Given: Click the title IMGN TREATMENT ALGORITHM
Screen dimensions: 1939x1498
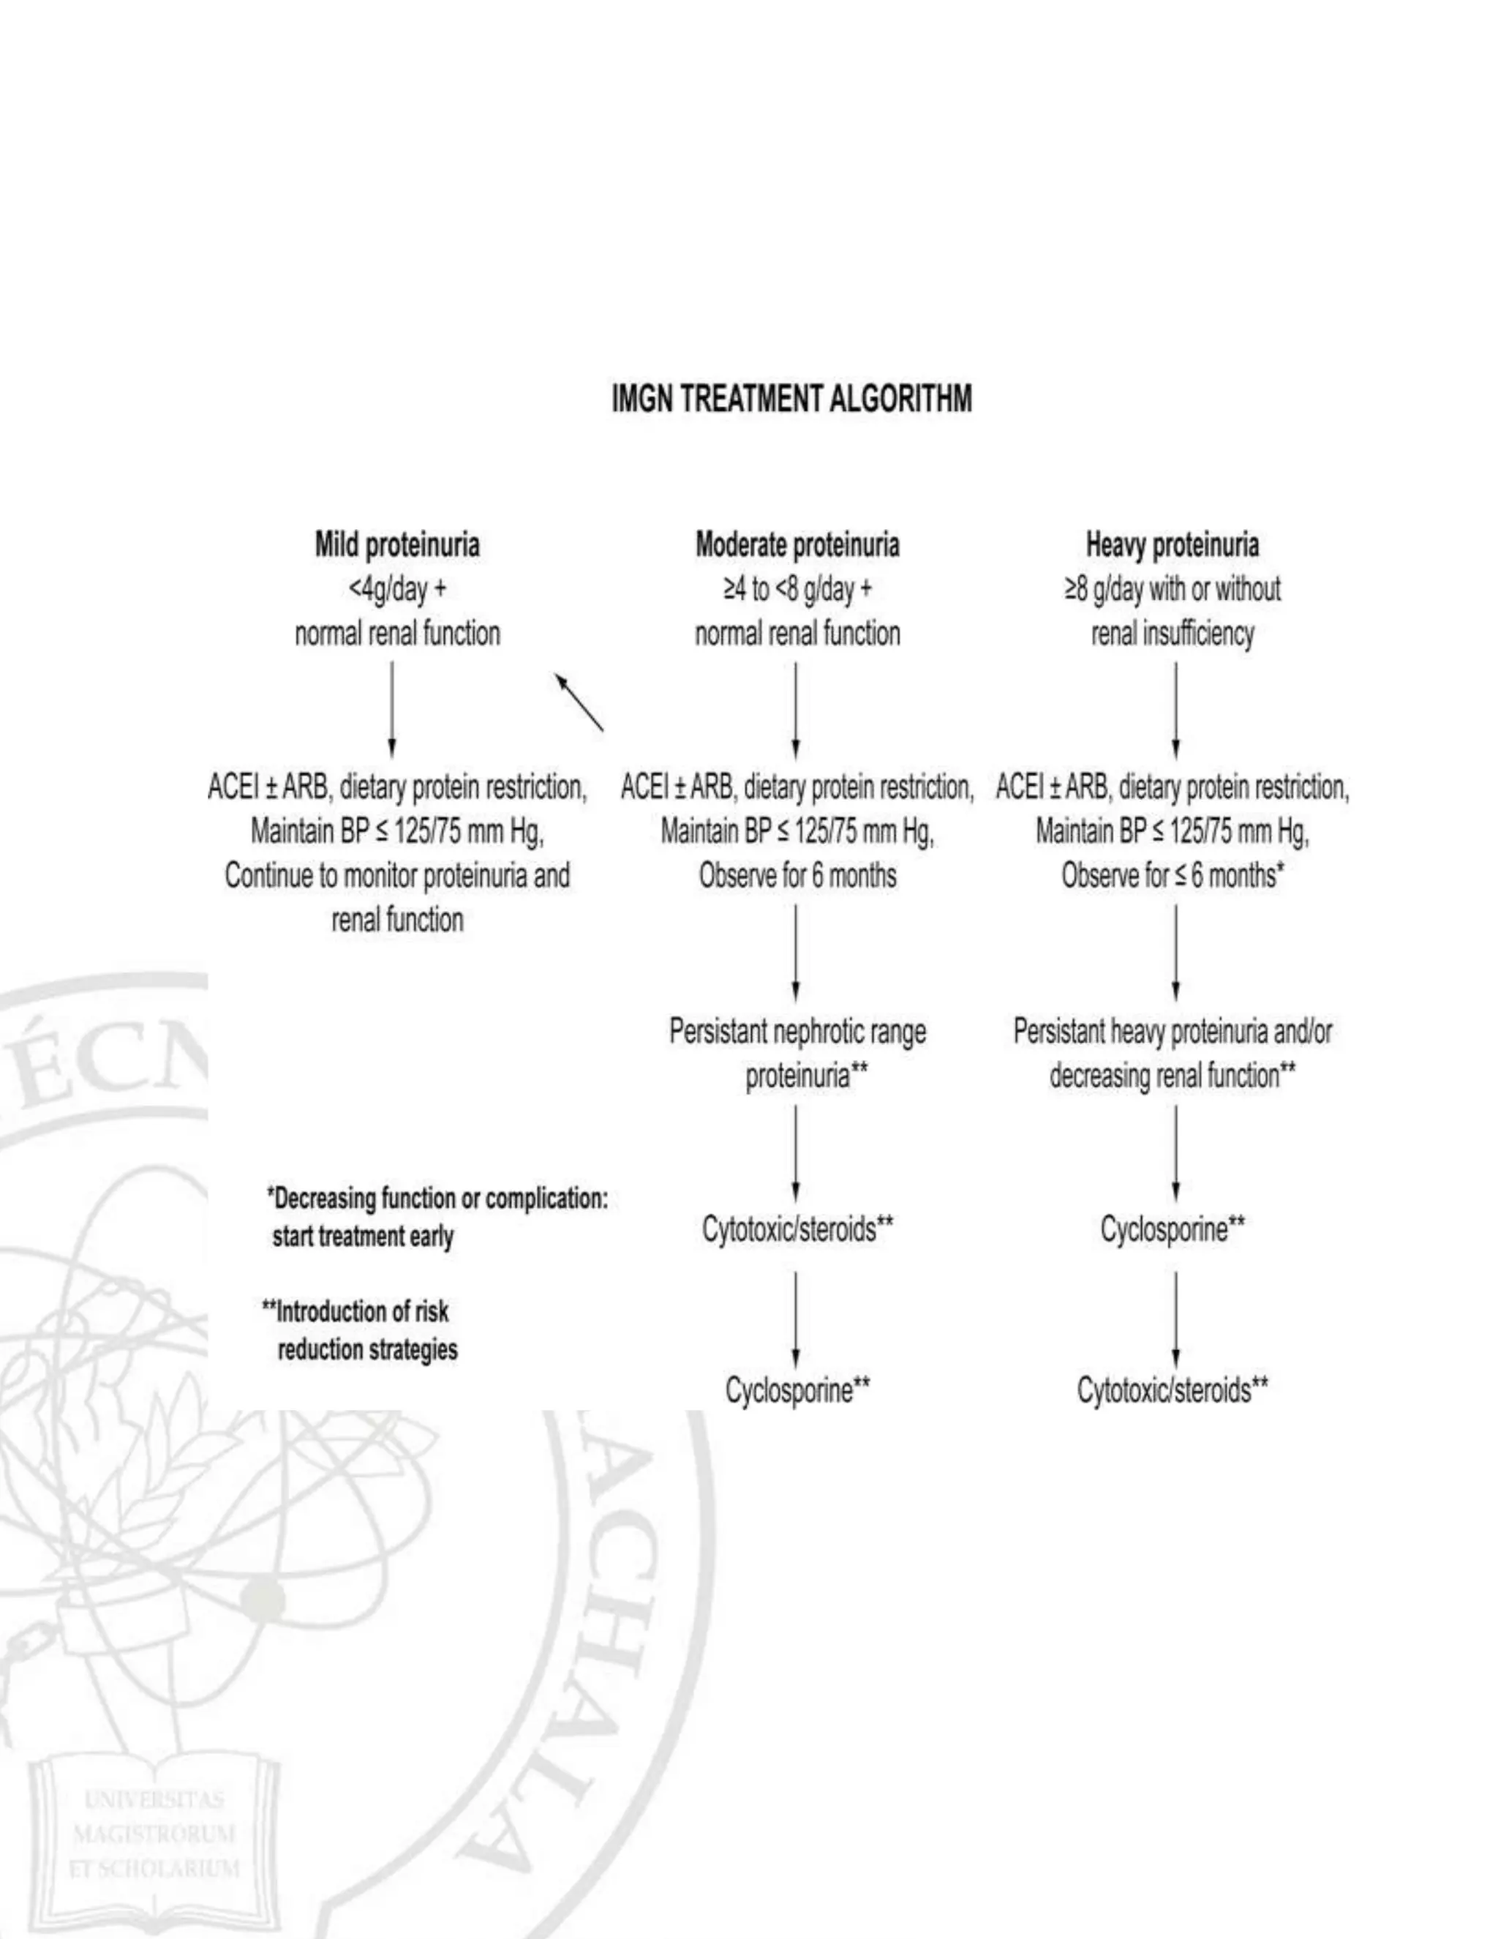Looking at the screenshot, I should click(x=791, y=400).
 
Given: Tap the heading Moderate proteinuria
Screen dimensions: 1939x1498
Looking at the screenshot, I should click(x=797, y=544).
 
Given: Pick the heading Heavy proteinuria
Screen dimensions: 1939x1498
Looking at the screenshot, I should click(x=1172, y=544).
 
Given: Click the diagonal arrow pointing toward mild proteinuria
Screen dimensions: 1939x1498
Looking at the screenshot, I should click(x=579, y=702).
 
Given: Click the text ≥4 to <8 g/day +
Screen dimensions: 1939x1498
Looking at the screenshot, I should click(x=797, y=588).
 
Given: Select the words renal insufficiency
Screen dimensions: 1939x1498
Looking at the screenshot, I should click(x=1172, y=634).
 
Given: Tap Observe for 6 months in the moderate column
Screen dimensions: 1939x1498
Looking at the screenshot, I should click(x=797, y=877).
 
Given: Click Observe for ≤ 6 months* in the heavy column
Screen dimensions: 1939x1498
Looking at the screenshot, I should click(x=1173, y=877).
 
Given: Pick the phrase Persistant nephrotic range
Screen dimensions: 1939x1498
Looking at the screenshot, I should click(x=797, y=1032).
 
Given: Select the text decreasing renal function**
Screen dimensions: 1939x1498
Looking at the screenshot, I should click(x=1173, y=1076).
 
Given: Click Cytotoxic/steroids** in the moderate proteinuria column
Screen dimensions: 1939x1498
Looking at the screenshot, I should click(x=797, y=1230).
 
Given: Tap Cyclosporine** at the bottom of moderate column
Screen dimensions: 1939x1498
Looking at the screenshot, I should click(x=797, y=1389).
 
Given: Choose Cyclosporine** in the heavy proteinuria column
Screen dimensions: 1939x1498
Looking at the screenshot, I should click(x=1173, y=1230).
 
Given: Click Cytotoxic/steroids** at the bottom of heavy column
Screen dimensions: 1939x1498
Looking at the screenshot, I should click(x=1173, y=1389).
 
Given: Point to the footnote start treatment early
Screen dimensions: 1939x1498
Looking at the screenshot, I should click(x=362, y=1237).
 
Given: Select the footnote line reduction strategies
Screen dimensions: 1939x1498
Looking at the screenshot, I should click(x=367, y=1351).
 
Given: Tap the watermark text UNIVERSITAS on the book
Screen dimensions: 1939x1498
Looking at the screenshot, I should click(x=154, y=1800).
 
